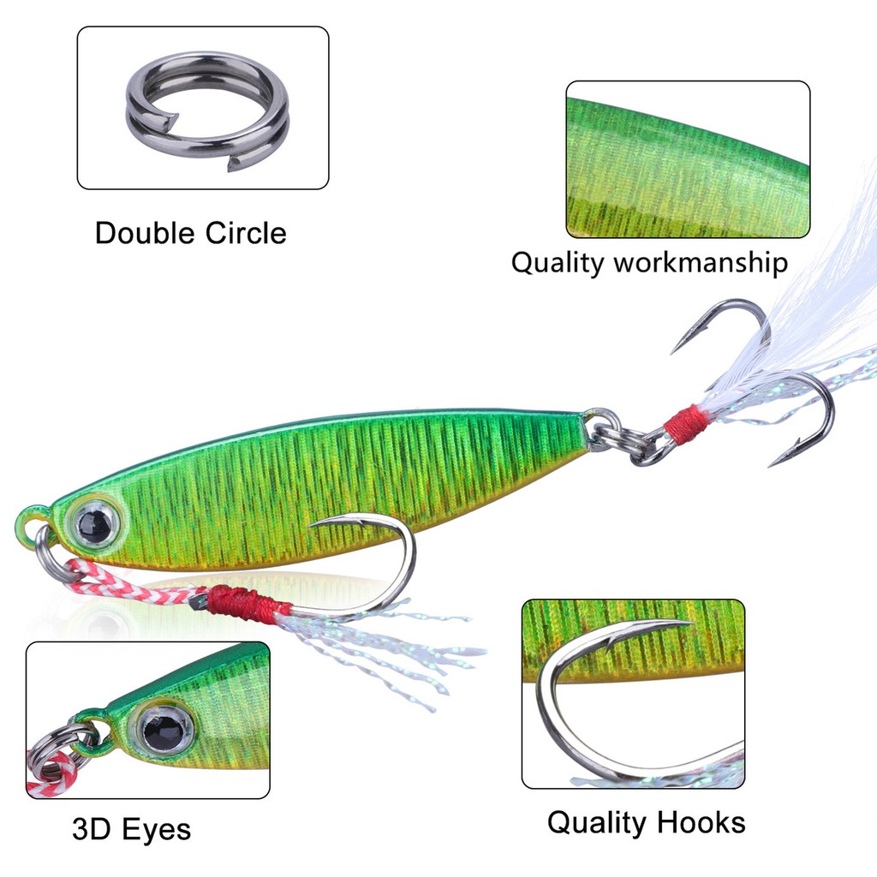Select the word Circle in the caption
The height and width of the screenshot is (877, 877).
click(245, 233)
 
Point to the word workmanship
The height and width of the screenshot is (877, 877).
click(700, 262)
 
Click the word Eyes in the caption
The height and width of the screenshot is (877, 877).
click(157, 829)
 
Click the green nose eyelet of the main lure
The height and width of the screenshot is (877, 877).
click(32, 521)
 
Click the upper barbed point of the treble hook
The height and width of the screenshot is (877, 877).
click(674, 350)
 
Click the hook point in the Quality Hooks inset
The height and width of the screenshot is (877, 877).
click(685, 623)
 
